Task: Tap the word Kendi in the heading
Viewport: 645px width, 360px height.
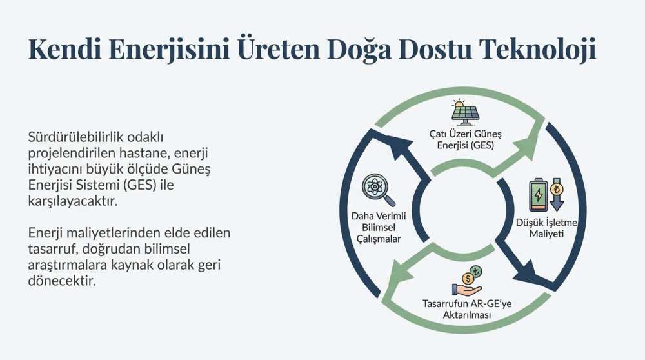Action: coord(64,49)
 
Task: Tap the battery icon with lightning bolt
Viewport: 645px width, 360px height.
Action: coord(539,194)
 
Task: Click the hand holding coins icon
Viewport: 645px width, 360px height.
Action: coord(468,281)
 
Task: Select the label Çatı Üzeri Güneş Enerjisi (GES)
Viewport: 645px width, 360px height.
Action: coord(465,139)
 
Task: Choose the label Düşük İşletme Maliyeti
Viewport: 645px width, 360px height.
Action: coord(546,228)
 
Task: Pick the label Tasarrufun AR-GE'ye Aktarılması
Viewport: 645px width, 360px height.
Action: coord(467,309)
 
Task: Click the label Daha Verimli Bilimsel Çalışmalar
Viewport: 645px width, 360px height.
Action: coord(379,227)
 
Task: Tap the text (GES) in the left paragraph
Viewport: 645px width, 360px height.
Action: coord(139,185)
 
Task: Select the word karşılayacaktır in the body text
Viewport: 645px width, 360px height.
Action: coord(73,201)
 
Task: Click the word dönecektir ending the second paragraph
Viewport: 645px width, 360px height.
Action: coord(62,281)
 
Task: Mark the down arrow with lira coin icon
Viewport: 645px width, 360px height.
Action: coord(557,194)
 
